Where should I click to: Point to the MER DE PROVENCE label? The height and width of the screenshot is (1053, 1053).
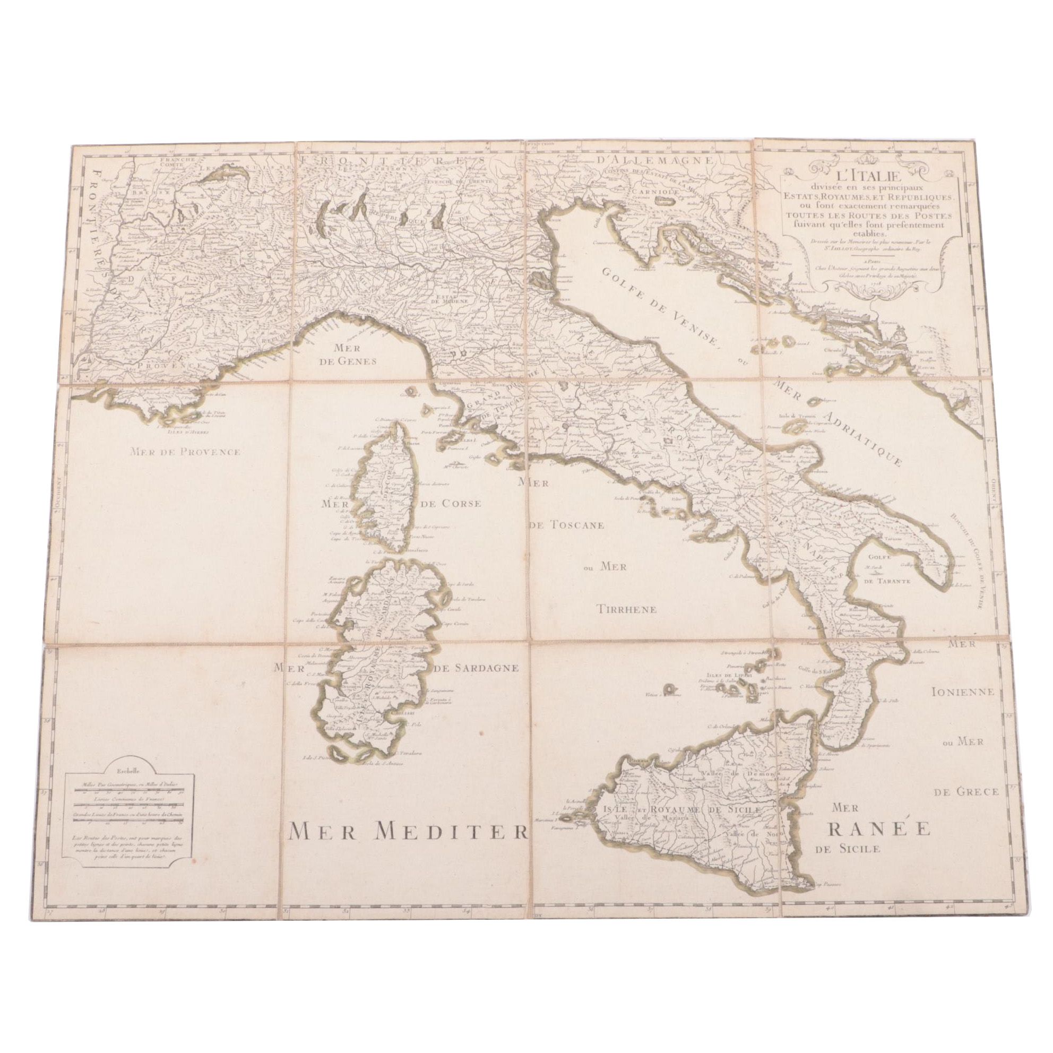point(185,451)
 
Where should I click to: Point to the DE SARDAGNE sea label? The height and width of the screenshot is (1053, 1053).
point(474,669)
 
